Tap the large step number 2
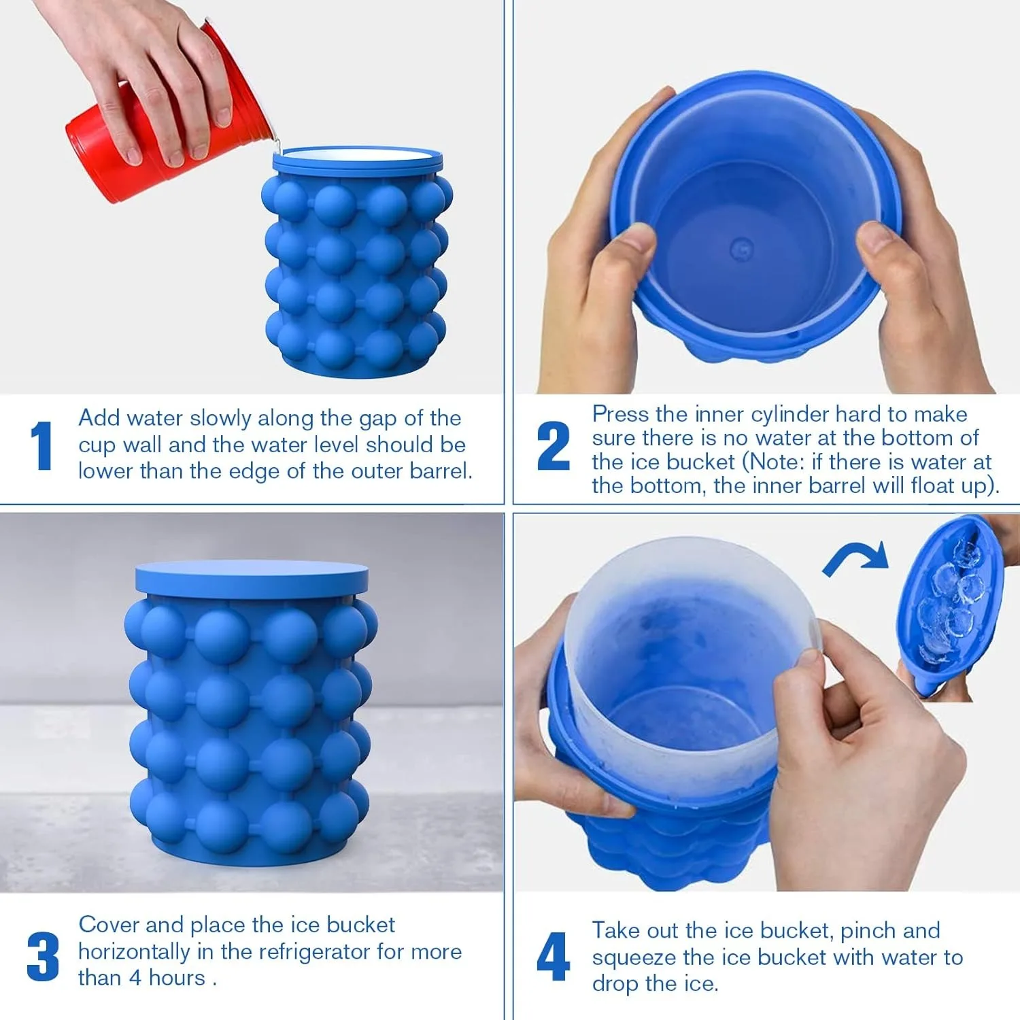pyautogui.click(x=553, y=445)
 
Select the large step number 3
pyautogui.click(x=43, y=956)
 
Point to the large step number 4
pyautogui.click(x=553, y=956)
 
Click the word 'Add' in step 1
pyautogui.click(x=99, y=418)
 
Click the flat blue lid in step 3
pyautogui.click(x=252, y=578)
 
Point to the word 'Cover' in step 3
pyautogui.click(x=109, y=925)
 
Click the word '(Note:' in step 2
pyautogui.click(x=773, y=462)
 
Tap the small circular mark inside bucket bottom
pyautogui.click(x=741, y=249)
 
